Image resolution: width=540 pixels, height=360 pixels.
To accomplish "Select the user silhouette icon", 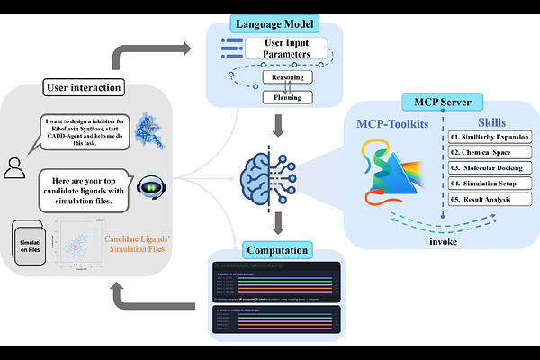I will pos(15,166).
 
